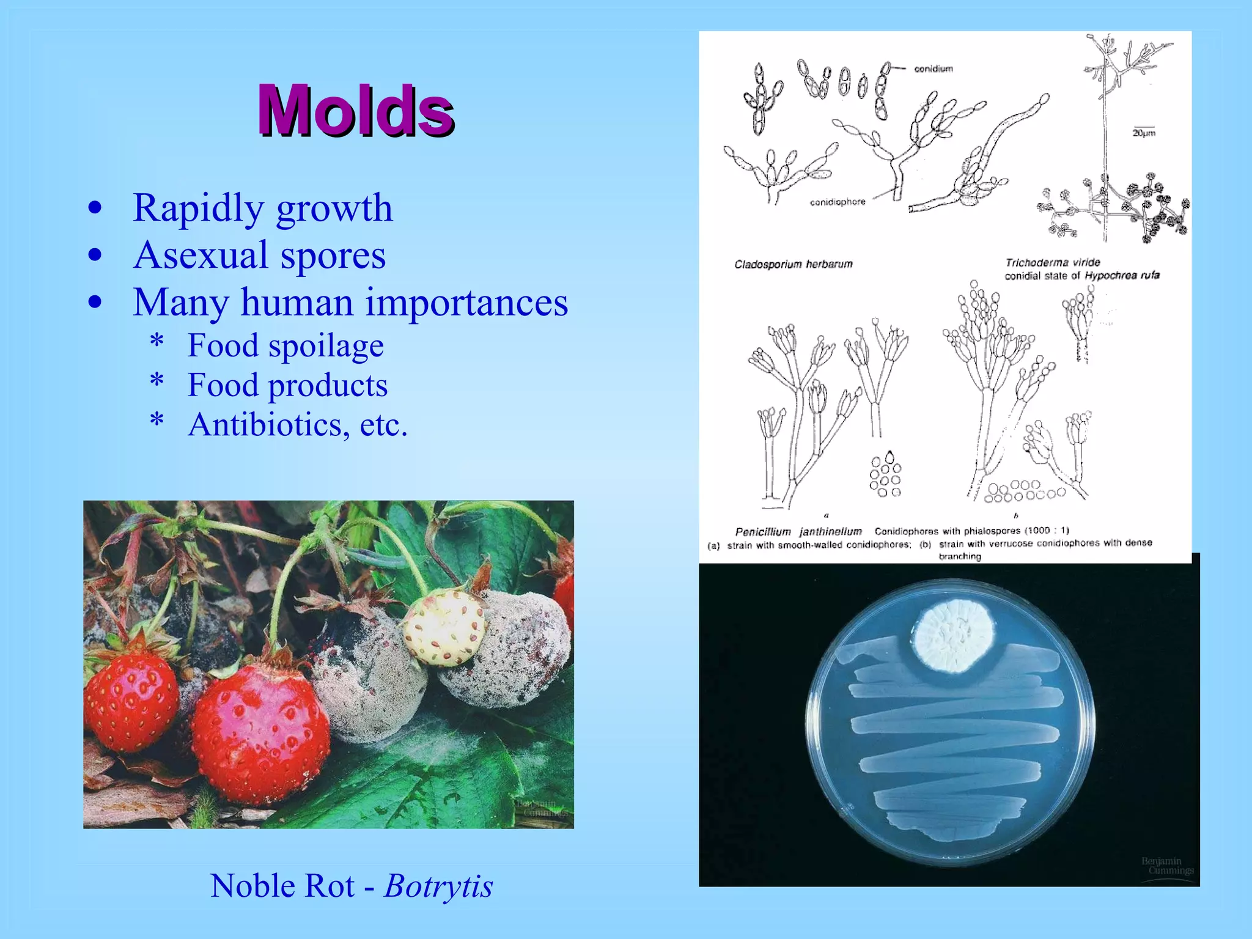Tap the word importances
pyautogui.click(x=466, y=302)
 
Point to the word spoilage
pyautogui.click(x=326, y=345)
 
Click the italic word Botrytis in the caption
pyautogui.click(x=438, y=886)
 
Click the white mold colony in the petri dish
pyautogui.click(x=954, y=636)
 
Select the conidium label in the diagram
pyautogui.click(x=933, y=69)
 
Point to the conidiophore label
pyautogui.click(x=838, y=202)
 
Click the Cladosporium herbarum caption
pyautogui.click(x=793, y=265)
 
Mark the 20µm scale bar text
pyautogui.click(x=1144, y=133)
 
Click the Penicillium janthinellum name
pyautogui.click(x=798, y=532)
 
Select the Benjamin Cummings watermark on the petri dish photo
pyautogui.click(x=1166, y=866)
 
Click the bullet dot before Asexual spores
pyautogui.click(x=95, y=256)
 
